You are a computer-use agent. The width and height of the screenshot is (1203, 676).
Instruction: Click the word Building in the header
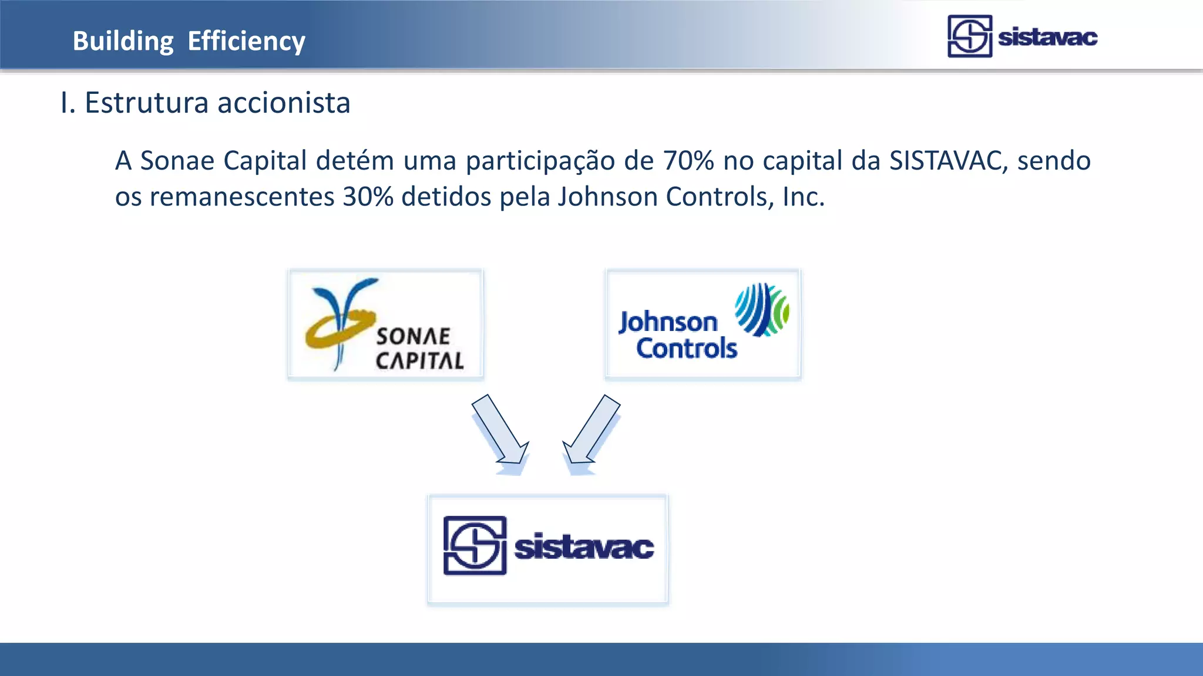coord(123,42)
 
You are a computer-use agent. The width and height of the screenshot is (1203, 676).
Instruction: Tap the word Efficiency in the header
coord(246,42)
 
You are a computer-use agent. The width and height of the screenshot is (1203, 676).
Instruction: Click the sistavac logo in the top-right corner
coord(1022,36)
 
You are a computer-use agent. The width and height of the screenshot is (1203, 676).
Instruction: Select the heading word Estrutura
coord(146,103)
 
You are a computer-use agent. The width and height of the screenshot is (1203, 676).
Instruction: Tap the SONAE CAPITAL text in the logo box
coord(419,349)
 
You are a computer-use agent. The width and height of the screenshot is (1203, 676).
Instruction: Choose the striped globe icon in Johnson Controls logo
coord(762,309)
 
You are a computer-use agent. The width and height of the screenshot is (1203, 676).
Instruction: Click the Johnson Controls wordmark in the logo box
coord(678,335)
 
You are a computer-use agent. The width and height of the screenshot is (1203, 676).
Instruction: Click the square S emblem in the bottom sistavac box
coord(475,546)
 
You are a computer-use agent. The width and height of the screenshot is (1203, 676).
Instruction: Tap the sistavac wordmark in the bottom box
coord(583,547)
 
